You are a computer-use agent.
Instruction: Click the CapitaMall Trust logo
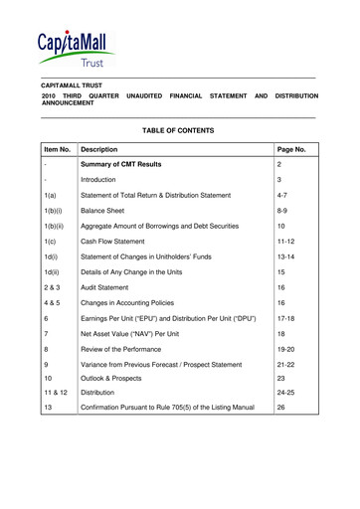[76, 47]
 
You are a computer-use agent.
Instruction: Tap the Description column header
[105, 150]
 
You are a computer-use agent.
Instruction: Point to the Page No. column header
[295, 150]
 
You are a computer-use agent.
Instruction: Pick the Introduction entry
[104, 180]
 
